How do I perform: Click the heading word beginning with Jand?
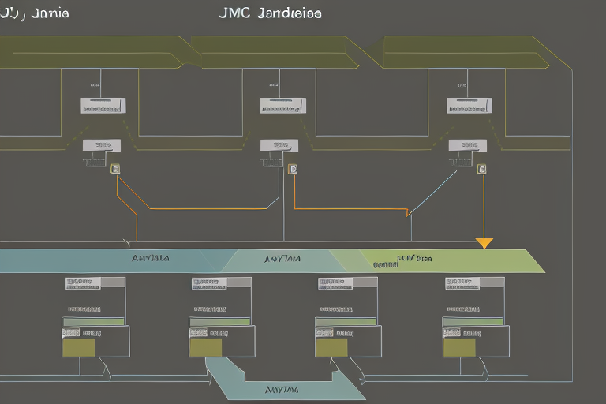click(290, 13)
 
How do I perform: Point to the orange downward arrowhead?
click(484, 243)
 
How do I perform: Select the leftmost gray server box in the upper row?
click(103, 105)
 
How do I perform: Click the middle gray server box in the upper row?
click(282, 105)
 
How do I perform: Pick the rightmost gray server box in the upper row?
click(469, 105)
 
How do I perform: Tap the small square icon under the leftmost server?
click(115, 168)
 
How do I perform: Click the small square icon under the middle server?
click(293, 168)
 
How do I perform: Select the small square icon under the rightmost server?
click(481, 168)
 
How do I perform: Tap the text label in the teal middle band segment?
click(282, 258)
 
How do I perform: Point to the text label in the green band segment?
click(413, 258)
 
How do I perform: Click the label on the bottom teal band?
click(282, 389)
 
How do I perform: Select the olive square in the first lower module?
click(78, 347)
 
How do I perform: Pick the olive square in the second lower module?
click(206, 347)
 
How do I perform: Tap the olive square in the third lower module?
click(331, 347)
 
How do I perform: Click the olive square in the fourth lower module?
click(459, 347)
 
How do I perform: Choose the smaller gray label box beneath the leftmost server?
click(102, 145)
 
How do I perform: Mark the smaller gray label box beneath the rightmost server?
click(468, 145)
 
